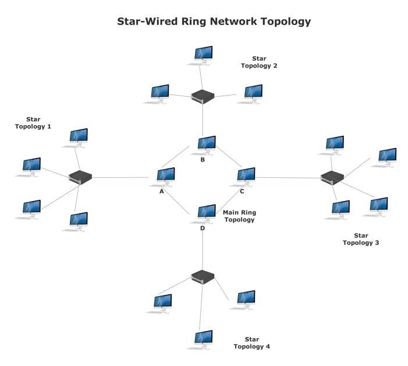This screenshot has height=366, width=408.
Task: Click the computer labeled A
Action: (x=166, y=175)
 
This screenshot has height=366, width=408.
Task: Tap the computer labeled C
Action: (x=246, y=175)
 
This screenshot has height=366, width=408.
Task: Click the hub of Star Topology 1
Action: (x=80, y=177)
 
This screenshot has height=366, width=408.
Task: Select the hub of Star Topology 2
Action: (x=203, y=96)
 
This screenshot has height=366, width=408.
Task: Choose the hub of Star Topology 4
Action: (x=203, y=277)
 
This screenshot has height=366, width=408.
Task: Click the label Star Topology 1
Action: (x=33, y=122)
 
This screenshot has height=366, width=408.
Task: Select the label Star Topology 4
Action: (x=252, y=343)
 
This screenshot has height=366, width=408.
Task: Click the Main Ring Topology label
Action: (x=239, y=216)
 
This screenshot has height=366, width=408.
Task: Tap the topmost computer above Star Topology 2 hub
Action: (x=203, y=54)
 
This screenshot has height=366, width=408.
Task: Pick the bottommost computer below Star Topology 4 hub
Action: (x=203, y=339)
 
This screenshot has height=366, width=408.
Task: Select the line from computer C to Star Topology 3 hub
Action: (x=288, y=178)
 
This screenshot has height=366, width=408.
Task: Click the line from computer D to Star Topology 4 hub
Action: (x=202, y=248)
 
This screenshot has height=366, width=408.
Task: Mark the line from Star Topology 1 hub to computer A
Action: (x=122, y=177)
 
